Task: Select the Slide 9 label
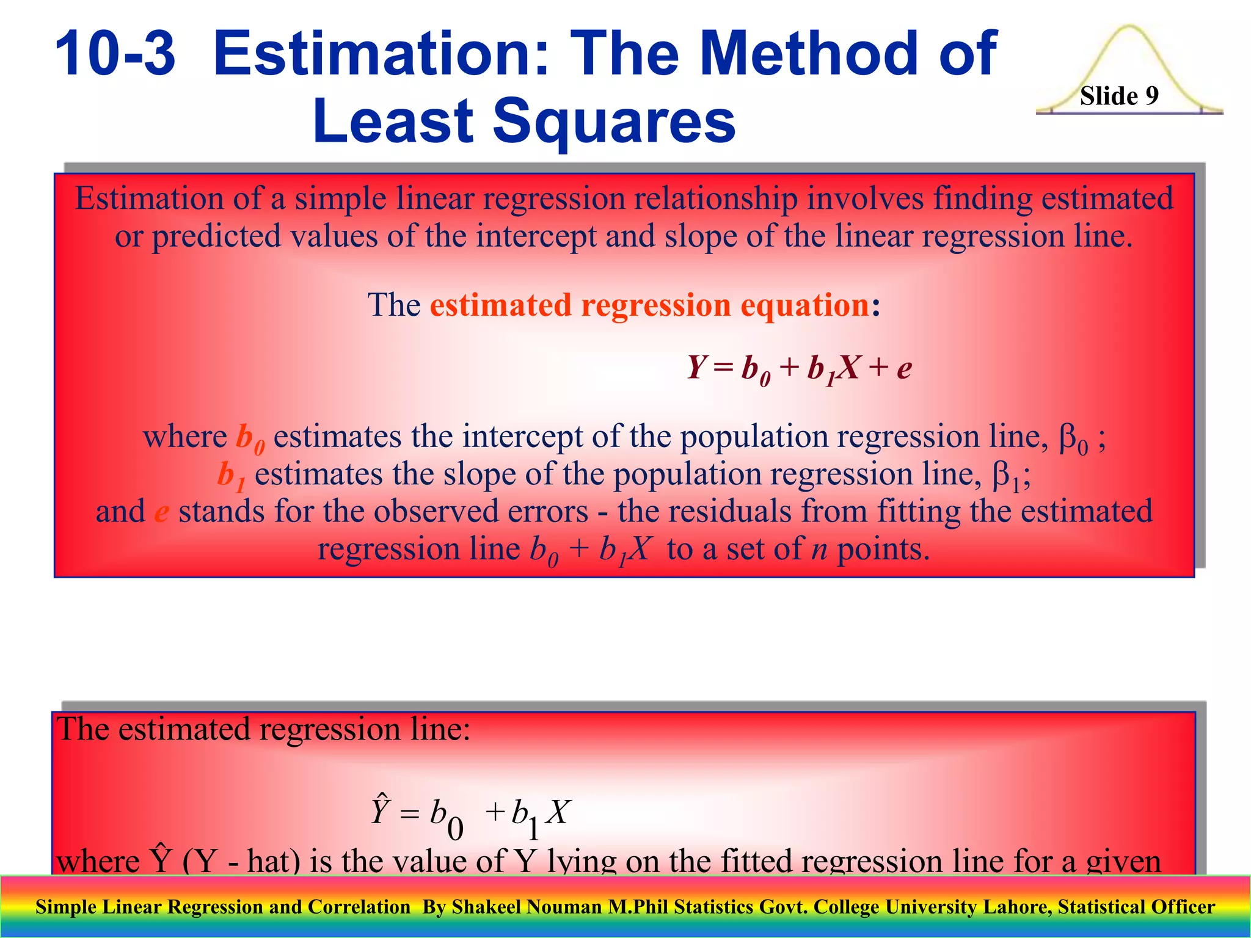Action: click(x=1119, y=96)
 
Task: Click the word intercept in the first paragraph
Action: click(x=536, y=236)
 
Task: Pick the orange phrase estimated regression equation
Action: click(x=649, y=305)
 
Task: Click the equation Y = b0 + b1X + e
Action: click(x=799, y=368)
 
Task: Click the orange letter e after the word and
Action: click(x=161, y=512)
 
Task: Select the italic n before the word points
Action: click(x=819, y=549)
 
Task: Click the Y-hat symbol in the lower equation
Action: click(x=380, y=810)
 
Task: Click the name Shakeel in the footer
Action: click(x=487, y=907)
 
